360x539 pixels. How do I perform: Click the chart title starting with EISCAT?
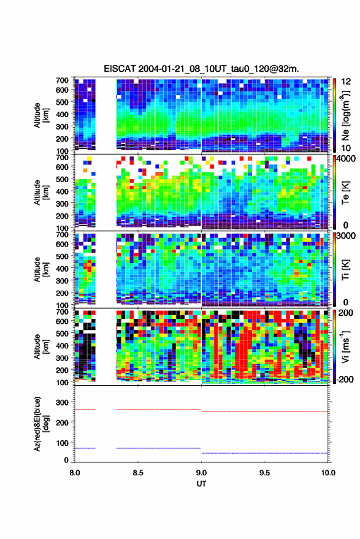pyautogui.click(x=201, y=69)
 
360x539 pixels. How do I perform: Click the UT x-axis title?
pyautogui.click(x=201, y=484)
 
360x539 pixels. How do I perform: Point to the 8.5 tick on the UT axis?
pyautogui.click(x=138, y=473)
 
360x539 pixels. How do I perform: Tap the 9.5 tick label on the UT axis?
pyautogui.click(x=264, y=473)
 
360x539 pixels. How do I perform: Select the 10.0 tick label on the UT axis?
pyautogui.click(x=328, y=473)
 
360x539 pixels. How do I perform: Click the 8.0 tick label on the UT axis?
pyautogui.click(x=75, y=473)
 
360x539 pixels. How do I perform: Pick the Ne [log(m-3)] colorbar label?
pyautogui.click(x=345, y=115)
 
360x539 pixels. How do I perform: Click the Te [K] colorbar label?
pyautogui.click(x=345, y=193)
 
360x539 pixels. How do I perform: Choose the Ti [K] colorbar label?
pyautogui.click(x=345, y=270)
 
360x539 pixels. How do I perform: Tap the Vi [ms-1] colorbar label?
pyautogui.click(x=345, y=346)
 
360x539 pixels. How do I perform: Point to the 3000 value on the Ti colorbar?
pyautogui.click(x=345, y=236)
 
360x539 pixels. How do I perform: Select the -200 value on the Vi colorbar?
pyautogui.click(x=344, y=379)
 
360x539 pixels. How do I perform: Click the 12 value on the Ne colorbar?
pyautogui.click(x=346, y=82)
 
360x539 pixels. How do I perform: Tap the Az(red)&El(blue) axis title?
pyautogui.click(x=40, y=424)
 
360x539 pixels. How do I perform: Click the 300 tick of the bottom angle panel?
pyautogui.click(x=62, y=402)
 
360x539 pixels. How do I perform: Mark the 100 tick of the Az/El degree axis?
pyautogui.click(x=62, y=443)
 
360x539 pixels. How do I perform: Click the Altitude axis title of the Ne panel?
pyautogui.click(x=41, y=115)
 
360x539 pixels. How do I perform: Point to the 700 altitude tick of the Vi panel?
pyautogui.click(x=62, y=312)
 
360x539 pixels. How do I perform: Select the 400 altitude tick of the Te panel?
pyautogui.click(x=62, y=191)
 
